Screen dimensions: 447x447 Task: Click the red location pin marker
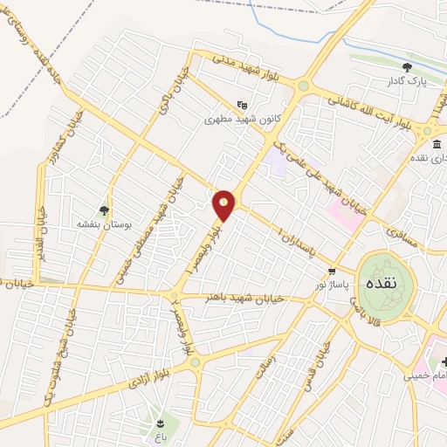coord(224,204)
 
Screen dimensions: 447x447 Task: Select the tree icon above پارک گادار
coord(407,67)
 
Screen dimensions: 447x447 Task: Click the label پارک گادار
coord(408,81)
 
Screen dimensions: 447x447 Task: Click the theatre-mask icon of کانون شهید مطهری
coord(242,104)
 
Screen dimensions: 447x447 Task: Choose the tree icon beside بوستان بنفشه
coord(105,210)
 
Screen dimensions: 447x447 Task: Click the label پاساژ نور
coord(333,285)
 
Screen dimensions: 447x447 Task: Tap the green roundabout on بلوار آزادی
coord(195,361)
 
